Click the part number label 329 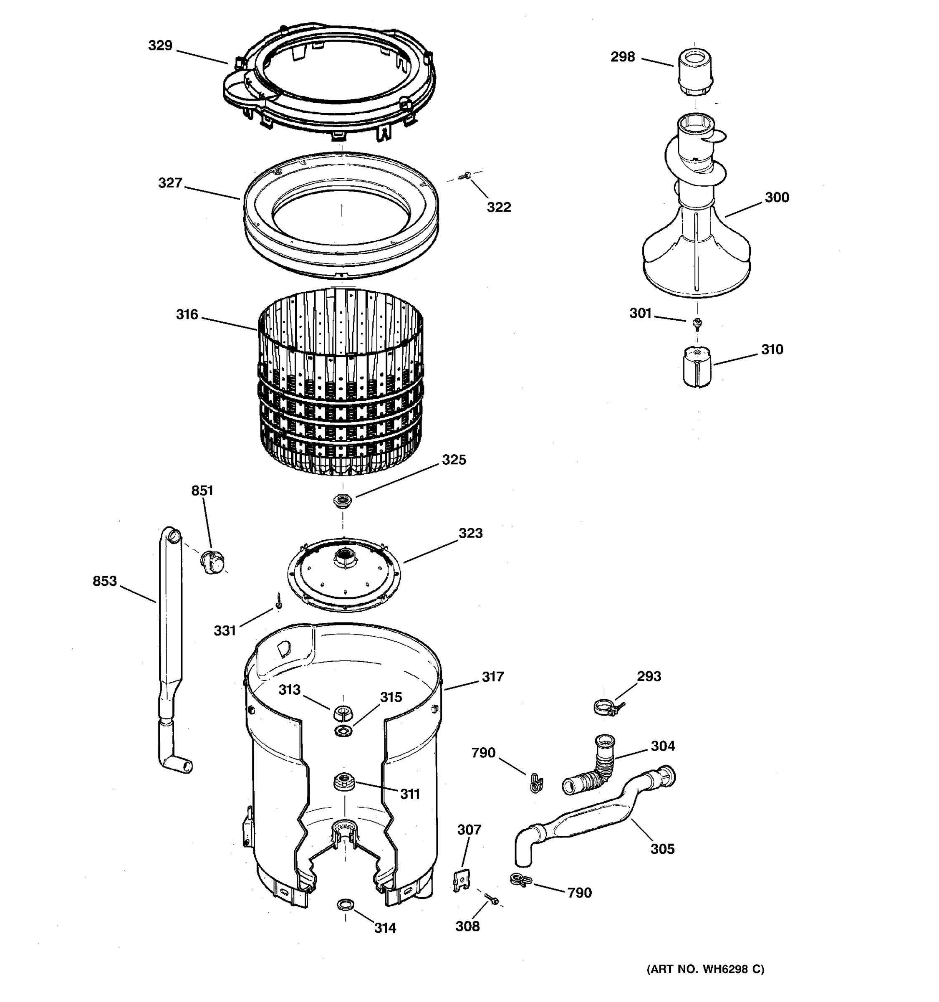pos(160,46)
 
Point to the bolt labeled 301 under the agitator pos(698,323)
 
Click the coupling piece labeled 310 pos(697,367)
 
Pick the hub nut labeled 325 pos(343,501)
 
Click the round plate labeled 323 pos(344,574)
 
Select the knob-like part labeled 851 pos(212,562)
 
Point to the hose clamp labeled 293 pos(606,708)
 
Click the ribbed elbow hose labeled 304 pos(594,766)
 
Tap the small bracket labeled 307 pos(461,880)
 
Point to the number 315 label pos(391,697)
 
